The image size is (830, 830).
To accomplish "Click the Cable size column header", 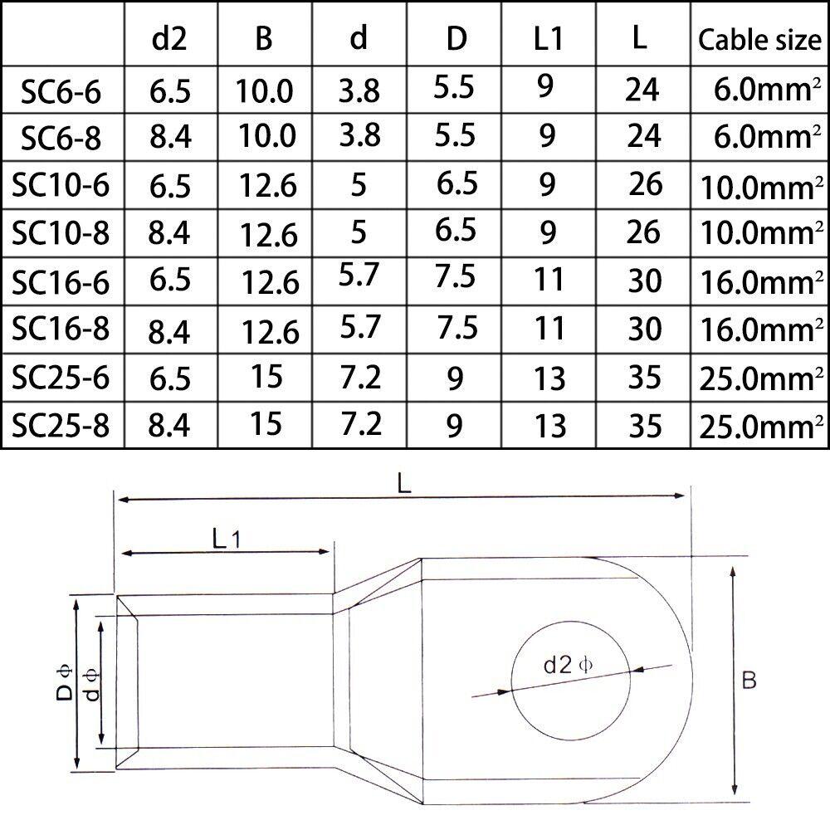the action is [x=759, y=40].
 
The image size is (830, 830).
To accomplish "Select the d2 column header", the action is [x=169, y=39].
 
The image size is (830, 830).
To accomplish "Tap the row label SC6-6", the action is [x=61, y=91].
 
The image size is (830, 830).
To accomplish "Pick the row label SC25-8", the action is [x=61, y=425].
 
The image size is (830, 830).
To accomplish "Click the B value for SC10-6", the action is [x=268, y=185].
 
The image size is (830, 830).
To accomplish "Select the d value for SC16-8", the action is [x=360, y=326].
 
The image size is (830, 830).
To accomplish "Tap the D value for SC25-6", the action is [x=455, y=378].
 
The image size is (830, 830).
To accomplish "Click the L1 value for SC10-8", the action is [x=548, y=232].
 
